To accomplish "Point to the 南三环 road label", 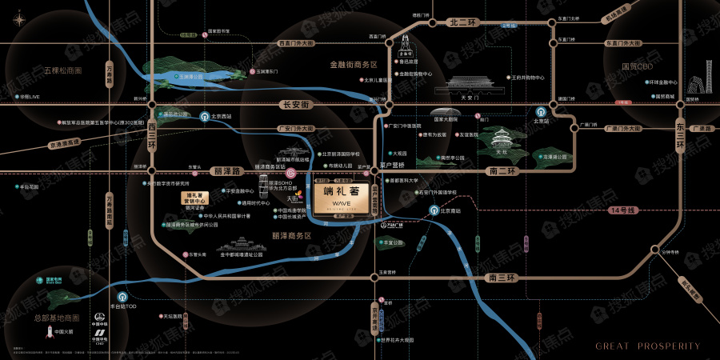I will (x=502, y=277).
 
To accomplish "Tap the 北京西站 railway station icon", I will (x=204, y=115).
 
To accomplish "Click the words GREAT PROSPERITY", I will (x=648, y=346).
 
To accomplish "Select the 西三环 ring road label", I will (x=151, y=135).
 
